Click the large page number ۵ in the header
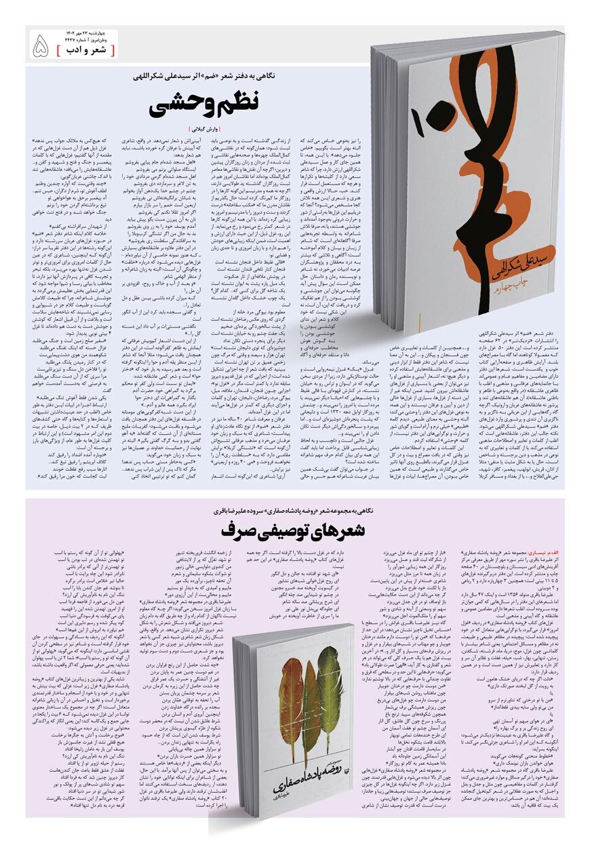[x=41, y=47]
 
